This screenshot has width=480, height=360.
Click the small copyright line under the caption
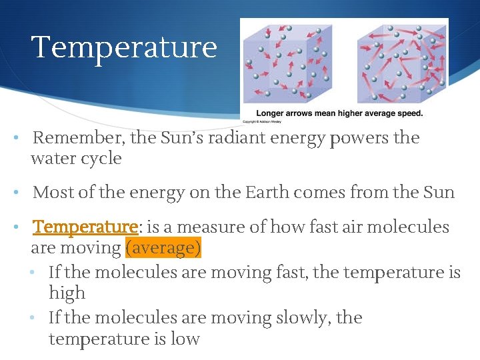262,122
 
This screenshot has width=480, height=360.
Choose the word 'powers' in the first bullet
361,139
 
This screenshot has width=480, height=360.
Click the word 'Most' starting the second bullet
51,193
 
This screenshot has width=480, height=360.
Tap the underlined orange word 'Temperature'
85,227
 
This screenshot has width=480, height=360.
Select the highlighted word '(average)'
163,249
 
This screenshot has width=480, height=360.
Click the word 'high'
67,293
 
